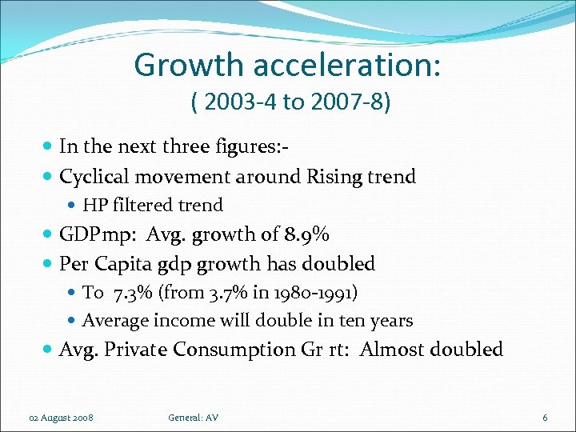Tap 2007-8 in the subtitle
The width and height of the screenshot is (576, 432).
(341, 103)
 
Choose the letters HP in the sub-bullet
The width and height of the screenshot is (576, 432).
(94, 205)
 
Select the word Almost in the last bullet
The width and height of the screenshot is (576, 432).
(392, 350)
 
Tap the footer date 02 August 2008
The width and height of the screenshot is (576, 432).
(61, 418)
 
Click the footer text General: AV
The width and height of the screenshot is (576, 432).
(194, 418)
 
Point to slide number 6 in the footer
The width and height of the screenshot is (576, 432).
(545, 418)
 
